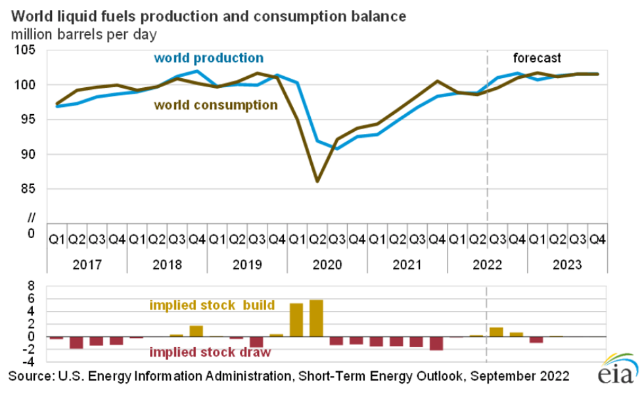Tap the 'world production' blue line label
click(x=208, y=58)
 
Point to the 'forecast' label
click(x=536, y=57)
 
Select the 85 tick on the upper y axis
click(x=27, y=189)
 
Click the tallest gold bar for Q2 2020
click(x=317, y=318)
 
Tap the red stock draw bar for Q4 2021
click(x=436, y=343)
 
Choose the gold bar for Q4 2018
click(x=196, y=331)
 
